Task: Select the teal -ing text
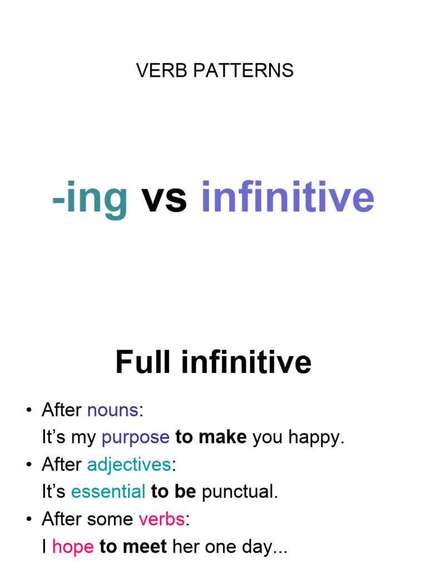point(90,198)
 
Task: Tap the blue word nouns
point(112,410)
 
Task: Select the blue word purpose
point(136,438)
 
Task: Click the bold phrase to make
point(211,438)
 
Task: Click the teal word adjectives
point(128,465)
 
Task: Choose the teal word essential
point(108,492)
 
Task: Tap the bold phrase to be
point(173,492)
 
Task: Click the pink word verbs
point(161,519)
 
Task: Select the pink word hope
point(73,547)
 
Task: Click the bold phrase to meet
point(133,547)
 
